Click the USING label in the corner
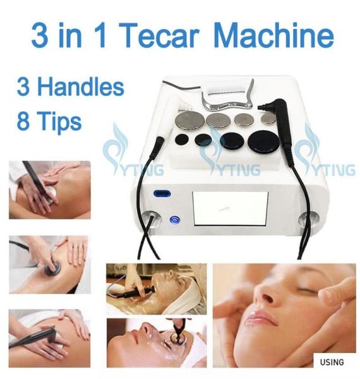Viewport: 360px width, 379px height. click(x=332, y=362)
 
